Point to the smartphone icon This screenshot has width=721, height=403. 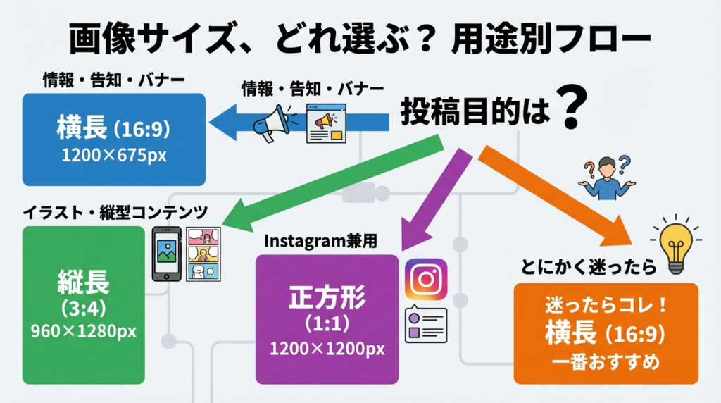[x=167, y=254]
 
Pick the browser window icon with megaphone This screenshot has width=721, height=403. [x=327, y=124]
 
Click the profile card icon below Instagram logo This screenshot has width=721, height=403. [x=426, y=325]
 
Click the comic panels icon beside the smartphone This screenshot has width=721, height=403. [x=203, y=254]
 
